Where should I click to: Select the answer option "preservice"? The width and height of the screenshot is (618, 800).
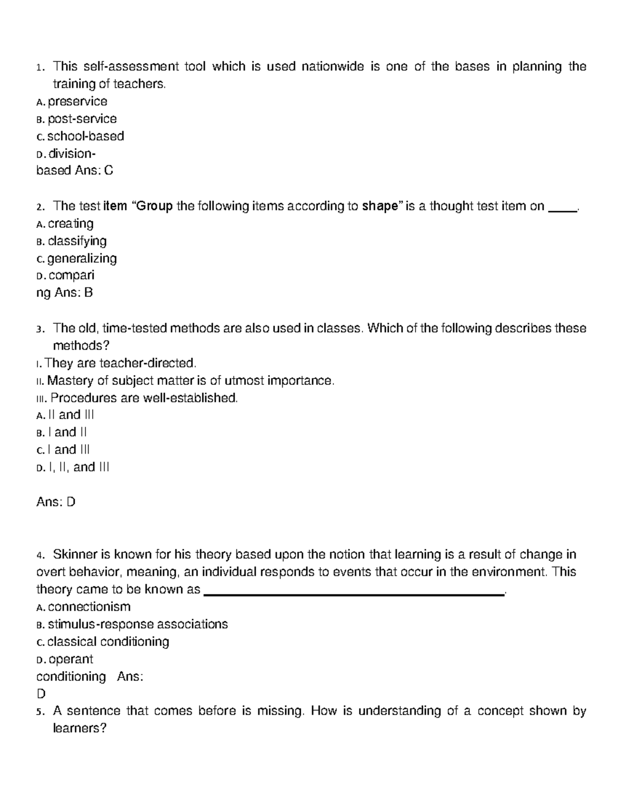pos(77,101)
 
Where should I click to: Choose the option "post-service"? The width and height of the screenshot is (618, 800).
pos(82,119)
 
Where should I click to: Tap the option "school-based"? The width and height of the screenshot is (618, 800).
pos(85,137)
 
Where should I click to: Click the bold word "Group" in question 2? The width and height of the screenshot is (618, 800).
pos(155,207)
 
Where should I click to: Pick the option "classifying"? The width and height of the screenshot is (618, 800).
pos(77,241)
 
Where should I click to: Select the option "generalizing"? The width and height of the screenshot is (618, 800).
pos(82,259)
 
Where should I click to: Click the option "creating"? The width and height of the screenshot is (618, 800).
pos(71,224)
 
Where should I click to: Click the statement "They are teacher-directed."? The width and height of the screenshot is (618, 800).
pos(121,364)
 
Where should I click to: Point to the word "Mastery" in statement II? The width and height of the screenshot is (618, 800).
pos(71,381)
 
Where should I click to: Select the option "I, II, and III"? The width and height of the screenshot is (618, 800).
pos(78,468)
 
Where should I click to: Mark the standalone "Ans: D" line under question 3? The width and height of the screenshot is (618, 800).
pos(56,502)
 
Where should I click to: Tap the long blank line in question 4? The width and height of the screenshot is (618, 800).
pos(354,594)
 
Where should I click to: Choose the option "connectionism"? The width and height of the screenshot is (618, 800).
pos(89,607)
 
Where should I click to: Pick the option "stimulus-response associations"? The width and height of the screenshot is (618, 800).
pos(138,624)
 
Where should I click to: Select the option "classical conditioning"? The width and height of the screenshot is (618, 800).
pos(108,642)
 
